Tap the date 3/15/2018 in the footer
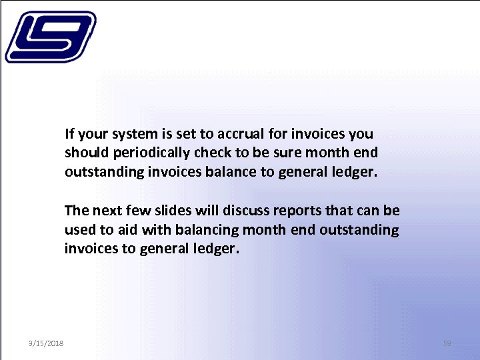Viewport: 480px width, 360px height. click(46, 343)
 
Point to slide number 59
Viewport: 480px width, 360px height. click(447, 343)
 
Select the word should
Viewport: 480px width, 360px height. click(84, 153)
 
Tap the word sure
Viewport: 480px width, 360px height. click(289, 153)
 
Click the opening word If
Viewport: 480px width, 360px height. click(69, 133)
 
